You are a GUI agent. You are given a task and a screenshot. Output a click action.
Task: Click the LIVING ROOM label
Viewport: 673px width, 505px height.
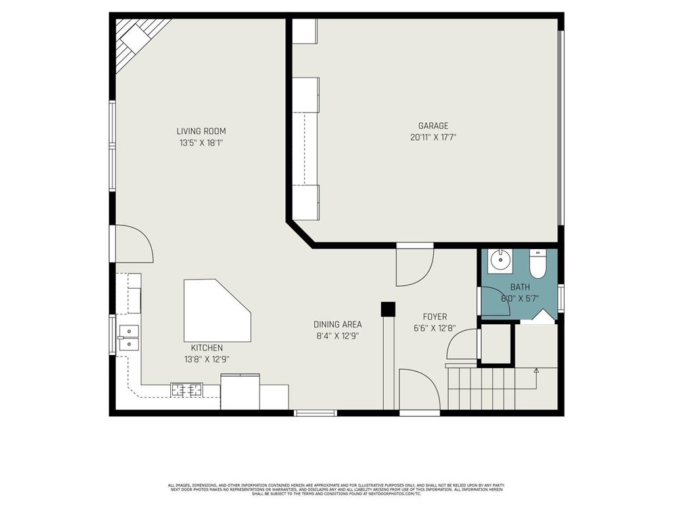point(201,132)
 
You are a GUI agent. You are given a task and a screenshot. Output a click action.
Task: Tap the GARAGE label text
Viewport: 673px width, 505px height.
point(433,126)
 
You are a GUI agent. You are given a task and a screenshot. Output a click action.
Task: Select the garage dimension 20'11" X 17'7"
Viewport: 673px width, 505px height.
point(433,138)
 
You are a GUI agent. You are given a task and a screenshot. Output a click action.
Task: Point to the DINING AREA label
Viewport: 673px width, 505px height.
point(338,324)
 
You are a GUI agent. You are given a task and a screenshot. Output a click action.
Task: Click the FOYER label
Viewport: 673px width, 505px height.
point(434,317)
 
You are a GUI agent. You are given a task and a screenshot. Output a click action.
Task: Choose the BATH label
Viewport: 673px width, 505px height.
point(520,287)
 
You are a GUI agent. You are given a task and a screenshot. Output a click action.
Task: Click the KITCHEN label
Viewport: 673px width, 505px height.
point(207,348)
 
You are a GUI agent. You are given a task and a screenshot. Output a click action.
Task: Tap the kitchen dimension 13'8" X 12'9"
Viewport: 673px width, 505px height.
point(207,359)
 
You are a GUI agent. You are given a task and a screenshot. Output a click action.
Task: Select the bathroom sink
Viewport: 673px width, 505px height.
point(501,261)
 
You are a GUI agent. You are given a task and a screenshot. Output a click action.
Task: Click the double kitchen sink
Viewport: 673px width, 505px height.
point(129,336)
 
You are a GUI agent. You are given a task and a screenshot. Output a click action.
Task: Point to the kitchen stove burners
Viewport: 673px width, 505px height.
point(187,390)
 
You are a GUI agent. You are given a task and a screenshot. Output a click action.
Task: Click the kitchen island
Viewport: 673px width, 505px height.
point(214,310)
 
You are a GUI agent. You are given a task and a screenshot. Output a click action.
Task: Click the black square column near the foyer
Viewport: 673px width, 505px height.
point(388,308)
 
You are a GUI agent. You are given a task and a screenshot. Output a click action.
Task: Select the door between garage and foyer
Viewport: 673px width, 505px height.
point(415,265)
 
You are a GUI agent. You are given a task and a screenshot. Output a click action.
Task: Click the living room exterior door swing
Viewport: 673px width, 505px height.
point(135,243)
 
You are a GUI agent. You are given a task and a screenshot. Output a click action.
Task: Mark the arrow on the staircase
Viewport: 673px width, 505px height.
point(536,371)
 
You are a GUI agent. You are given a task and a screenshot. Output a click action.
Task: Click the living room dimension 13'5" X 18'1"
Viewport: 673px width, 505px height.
point(201,143)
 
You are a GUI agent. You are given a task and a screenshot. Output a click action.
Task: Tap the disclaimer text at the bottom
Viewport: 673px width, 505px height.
point(336,489)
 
